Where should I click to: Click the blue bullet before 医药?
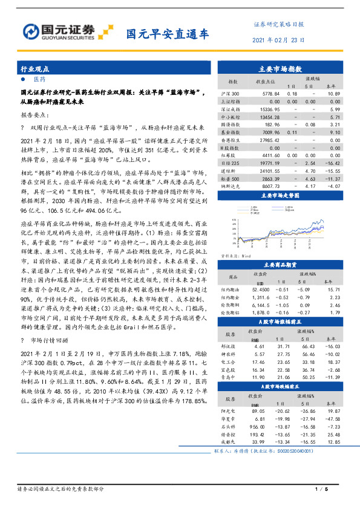[x=23, y=79]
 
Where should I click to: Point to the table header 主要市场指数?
[x=280, y=70]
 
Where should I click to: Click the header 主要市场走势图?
[x=280, y=196]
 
